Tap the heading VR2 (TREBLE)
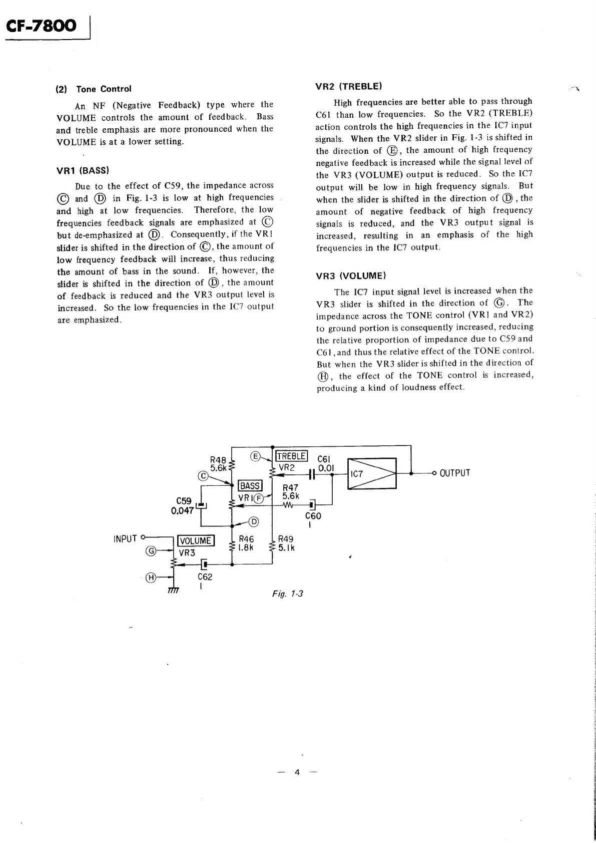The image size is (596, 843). tap(349, 86)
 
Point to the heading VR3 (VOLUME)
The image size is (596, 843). tap(351, 275)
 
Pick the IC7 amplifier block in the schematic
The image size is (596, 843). tap(371, 473)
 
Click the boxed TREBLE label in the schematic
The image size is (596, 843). tap(291, 456)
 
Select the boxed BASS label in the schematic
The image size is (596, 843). tap(250, 485)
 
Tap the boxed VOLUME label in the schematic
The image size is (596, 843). tap(195, 540)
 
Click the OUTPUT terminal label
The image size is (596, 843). tap(454, 473)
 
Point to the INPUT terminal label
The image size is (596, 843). tap(125, 539)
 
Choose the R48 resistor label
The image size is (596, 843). tap(218, 460)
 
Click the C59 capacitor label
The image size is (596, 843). tap(184, 501)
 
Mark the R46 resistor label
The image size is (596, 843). tap(246, 539)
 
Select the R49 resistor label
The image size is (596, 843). tap(286, 539)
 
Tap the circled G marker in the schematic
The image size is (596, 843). tap(149, 551)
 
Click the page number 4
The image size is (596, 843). tap(297, 772)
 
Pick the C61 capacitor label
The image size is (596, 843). tap(324, 459)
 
